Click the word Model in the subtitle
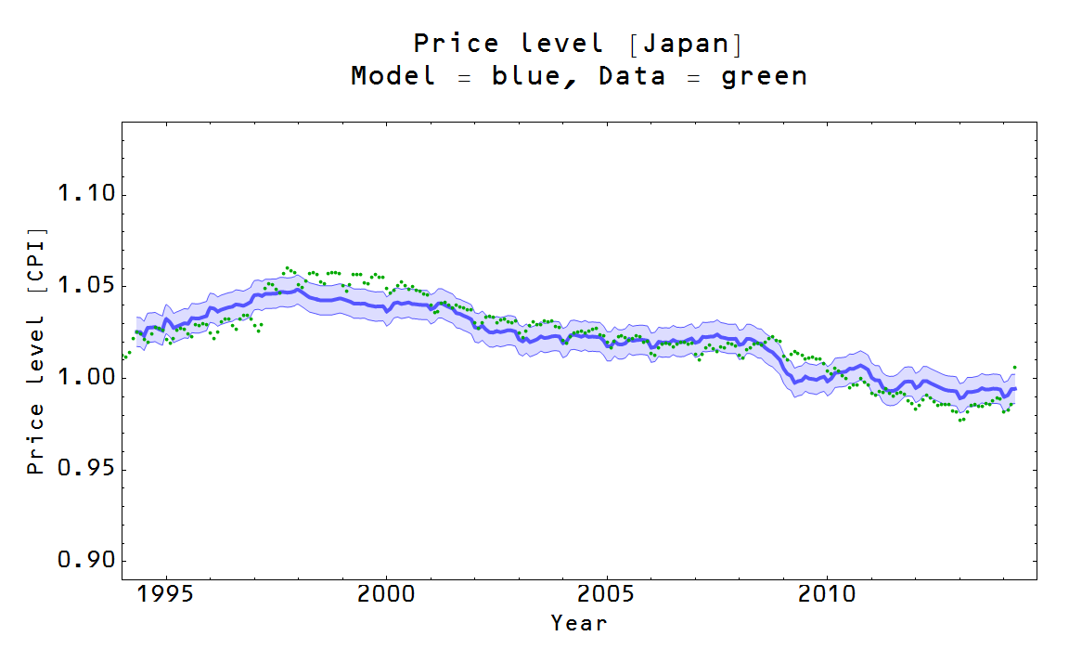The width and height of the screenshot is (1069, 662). click(x=393, y=76)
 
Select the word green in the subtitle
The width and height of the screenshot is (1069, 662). click(x=764, y=76)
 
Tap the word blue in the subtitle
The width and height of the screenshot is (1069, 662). click(x=525, y=76)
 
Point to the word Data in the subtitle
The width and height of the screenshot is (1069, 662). click(x=632, y=76)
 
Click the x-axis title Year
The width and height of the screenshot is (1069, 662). click(x=579, y=623)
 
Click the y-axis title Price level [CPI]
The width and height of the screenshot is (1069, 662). click(x=35, y=350)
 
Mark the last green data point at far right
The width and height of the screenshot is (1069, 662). click(x=1014, y=368)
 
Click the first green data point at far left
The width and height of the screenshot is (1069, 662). click(x=123, y=357)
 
